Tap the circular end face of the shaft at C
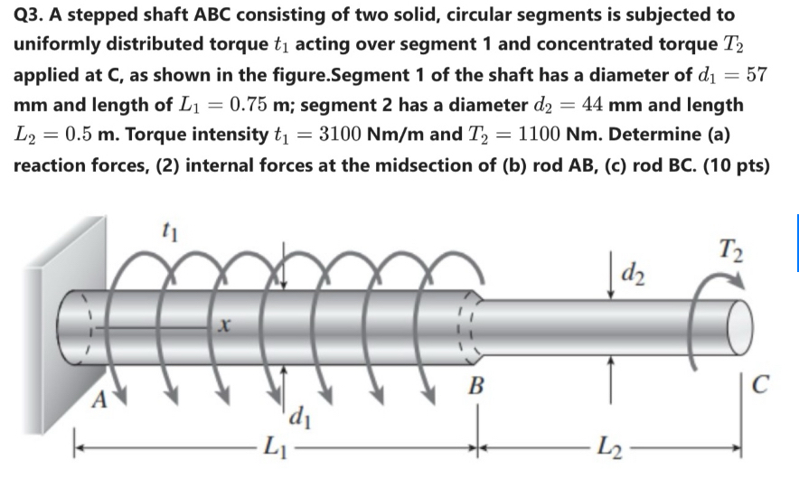pos(742,323)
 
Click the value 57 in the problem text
pos(757,74)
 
